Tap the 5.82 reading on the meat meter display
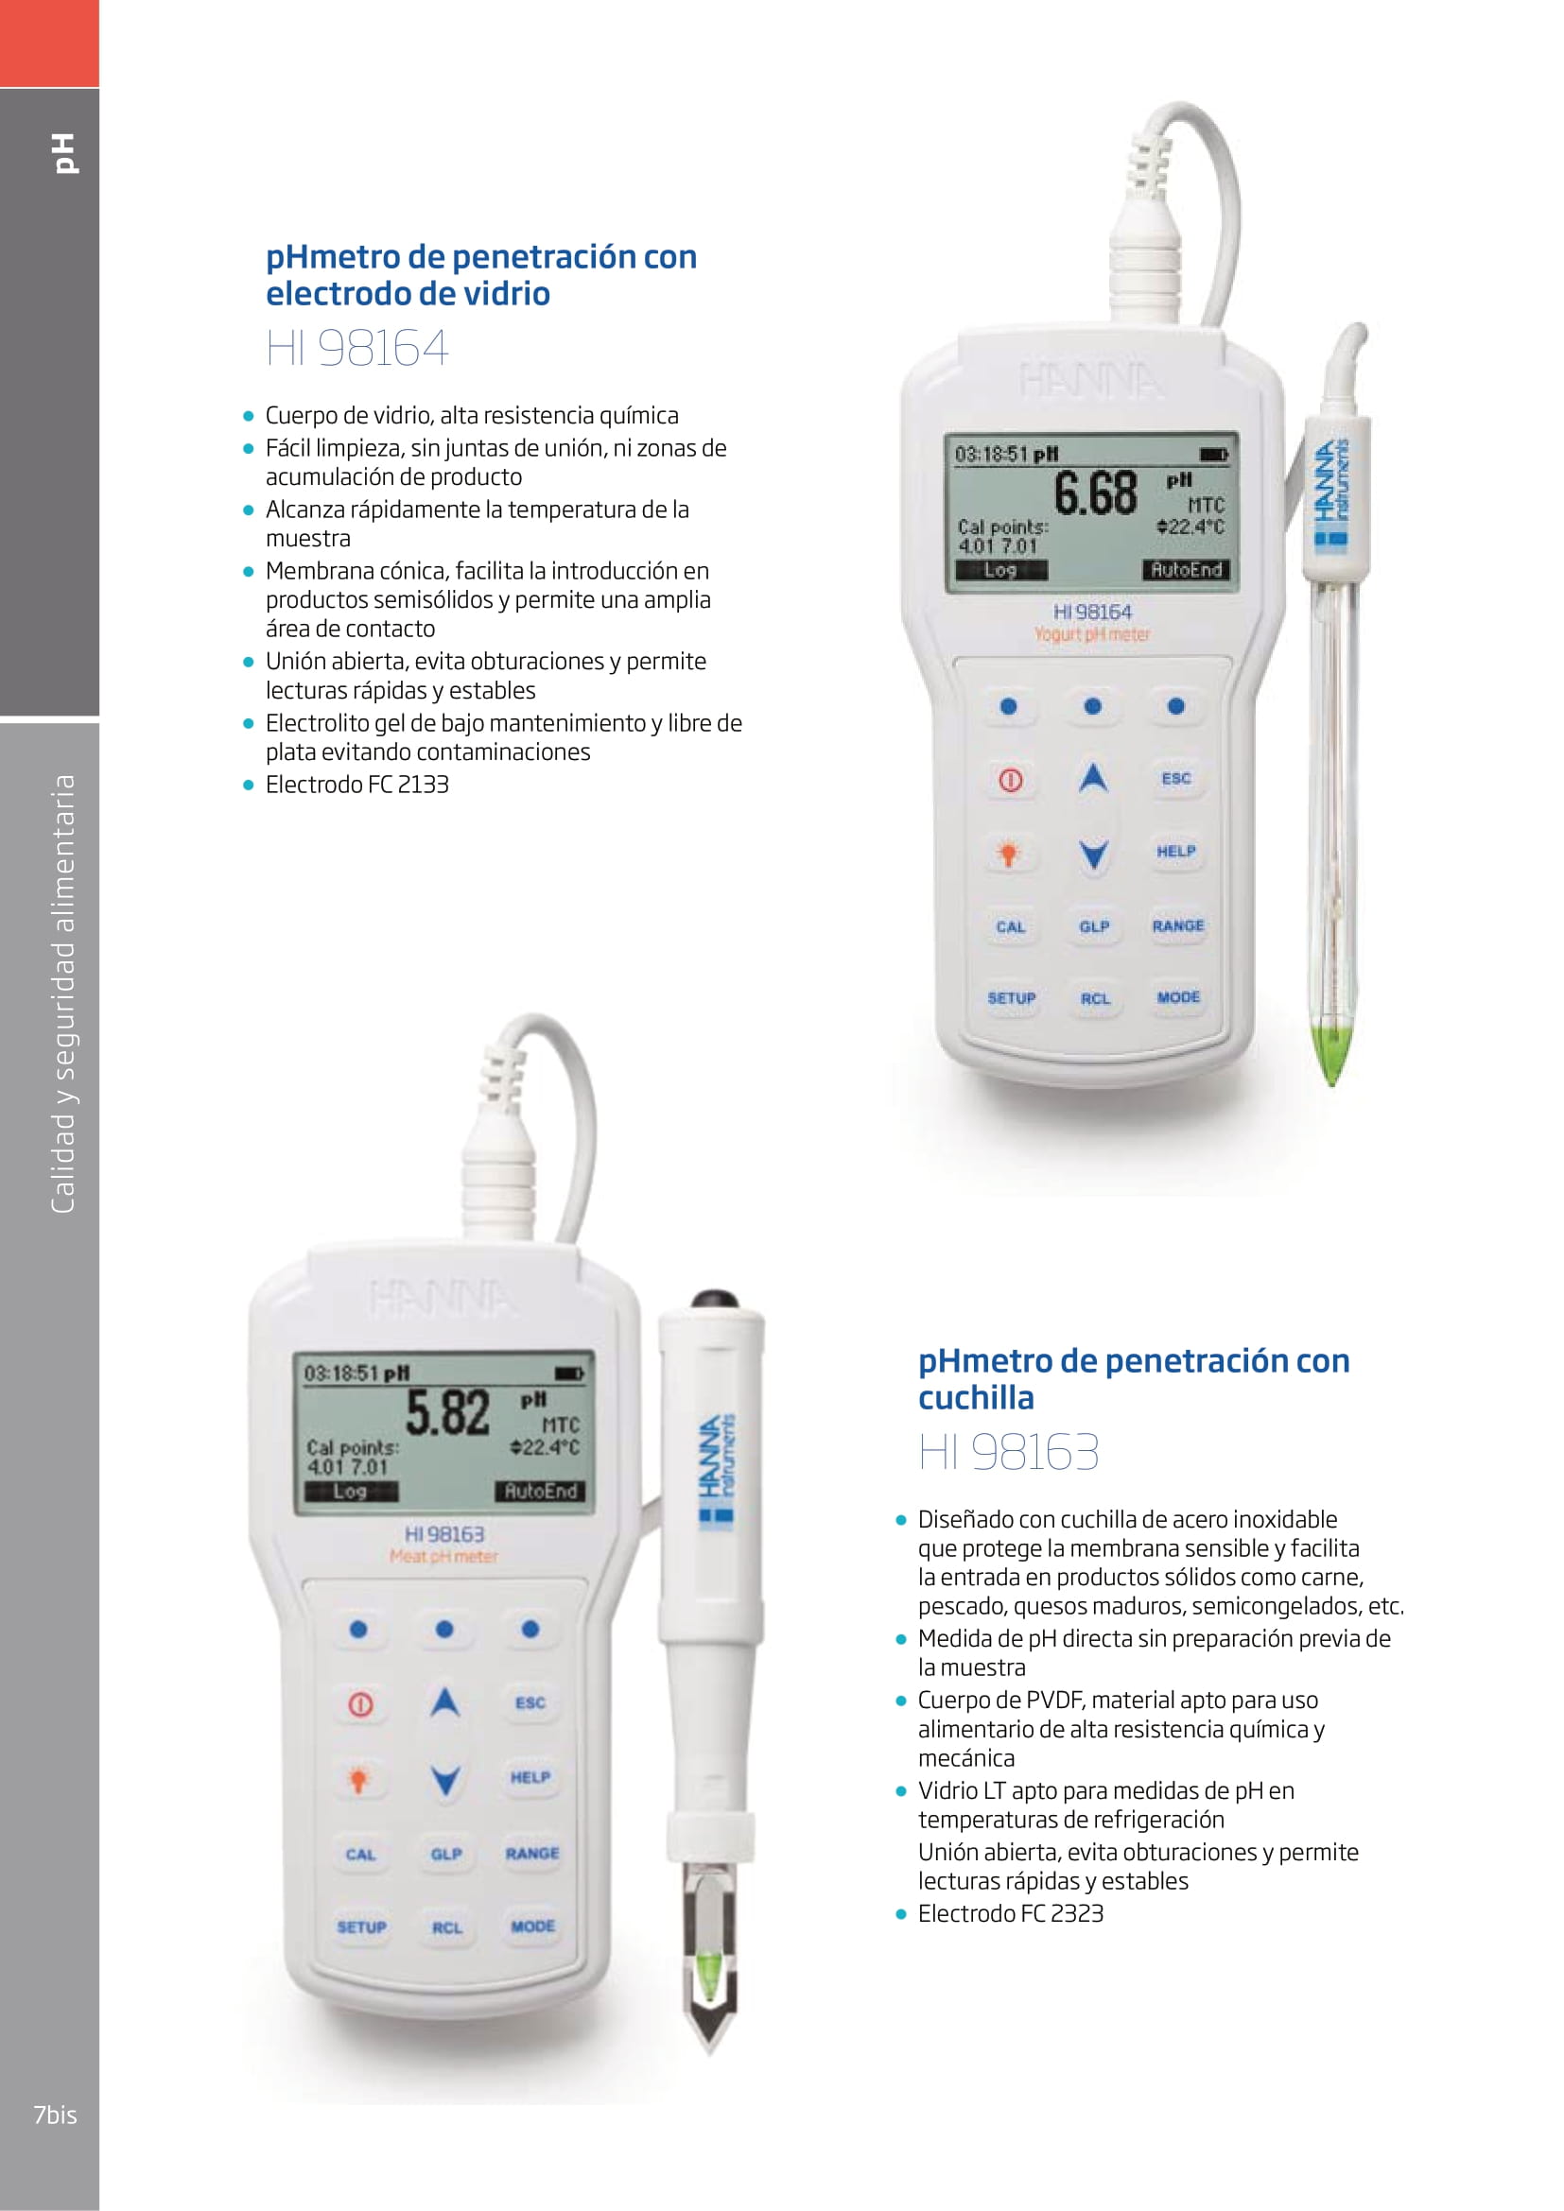(448, 1413)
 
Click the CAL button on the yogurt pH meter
(1010, 926)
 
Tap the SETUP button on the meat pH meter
(361, 1926)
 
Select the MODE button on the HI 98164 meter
(1178, 996)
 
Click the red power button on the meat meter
(360, 1703)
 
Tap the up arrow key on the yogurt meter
(1092, 777)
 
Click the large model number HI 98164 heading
(357, 349)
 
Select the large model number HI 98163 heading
(1008, 1451)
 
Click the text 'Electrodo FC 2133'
(357, 784)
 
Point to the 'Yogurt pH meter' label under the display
(1092, 633)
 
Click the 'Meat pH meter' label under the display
(444, 1555)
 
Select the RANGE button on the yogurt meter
(1178, 925)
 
